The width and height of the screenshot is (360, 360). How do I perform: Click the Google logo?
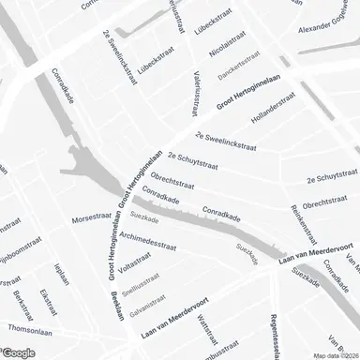19,352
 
